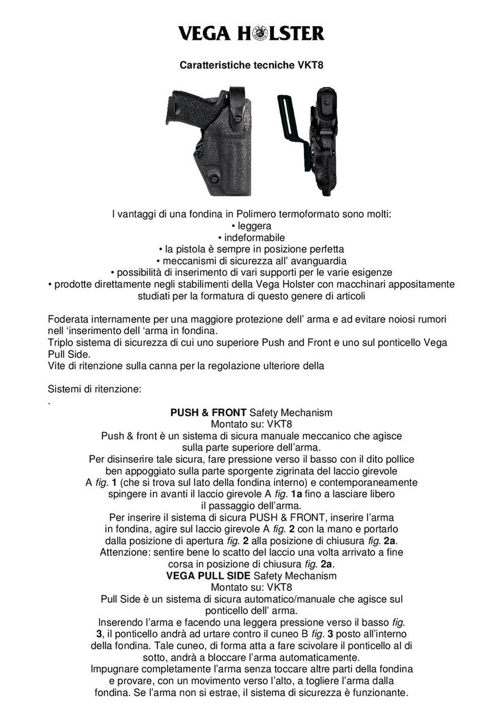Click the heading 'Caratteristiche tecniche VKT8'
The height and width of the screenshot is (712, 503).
pos(251,65)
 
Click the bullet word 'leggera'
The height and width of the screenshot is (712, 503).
pos(254,226)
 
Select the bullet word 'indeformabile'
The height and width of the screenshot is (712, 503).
pos(254,238)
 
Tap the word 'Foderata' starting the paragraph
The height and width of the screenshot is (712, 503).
pos(69,319)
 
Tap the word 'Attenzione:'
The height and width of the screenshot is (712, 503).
pos(124,552)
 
